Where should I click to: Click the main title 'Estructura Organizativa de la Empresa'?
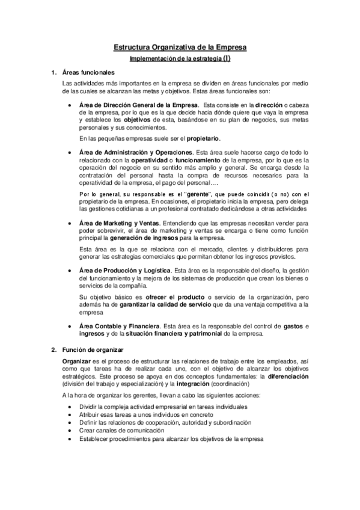(180, 46)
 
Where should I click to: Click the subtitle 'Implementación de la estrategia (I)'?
(180, 59)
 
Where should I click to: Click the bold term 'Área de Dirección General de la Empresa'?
(134, 105)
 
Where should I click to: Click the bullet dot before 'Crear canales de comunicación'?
(73, 431)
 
